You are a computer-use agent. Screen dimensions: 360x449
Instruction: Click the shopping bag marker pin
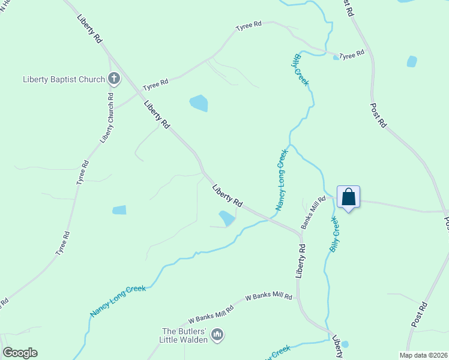tap(349, 197)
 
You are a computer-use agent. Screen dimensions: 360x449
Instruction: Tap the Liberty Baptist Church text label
tap(64, 79)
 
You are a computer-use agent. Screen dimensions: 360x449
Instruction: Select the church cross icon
tap(114, 79)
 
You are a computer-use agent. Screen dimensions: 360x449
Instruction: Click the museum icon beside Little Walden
tap(217, 334)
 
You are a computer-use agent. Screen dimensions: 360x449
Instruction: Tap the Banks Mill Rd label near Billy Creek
tap(313, 212)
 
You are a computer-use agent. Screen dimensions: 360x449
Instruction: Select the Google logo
tap(20, 353)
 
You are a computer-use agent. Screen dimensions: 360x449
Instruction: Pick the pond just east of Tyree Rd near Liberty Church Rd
tap(119, 210)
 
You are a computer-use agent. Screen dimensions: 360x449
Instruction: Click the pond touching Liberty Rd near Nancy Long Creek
tap(227, 218)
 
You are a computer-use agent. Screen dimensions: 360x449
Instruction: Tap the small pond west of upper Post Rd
tap(412, 61)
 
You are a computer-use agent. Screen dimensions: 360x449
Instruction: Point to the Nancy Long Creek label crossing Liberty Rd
tap(282, 180)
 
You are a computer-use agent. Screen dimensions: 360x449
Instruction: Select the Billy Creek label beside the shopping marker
tap(334, 234)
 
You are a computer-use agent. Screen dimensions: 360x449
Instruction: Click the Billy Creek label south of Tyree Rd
tap(301, 70)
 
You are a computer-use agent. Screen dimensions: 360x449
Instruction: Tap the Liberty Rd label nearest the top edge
tap(89, 28)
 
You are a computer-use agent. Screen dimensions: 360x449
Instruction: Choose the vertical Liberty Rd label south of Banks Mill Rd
tap(301, 260)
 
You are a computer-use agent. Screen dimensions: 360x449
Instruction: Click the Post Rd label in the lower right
tap(419, 314)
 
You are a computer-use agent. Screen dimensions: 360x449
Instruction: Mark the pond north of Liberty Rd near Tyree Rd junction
tap(199, 103)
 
